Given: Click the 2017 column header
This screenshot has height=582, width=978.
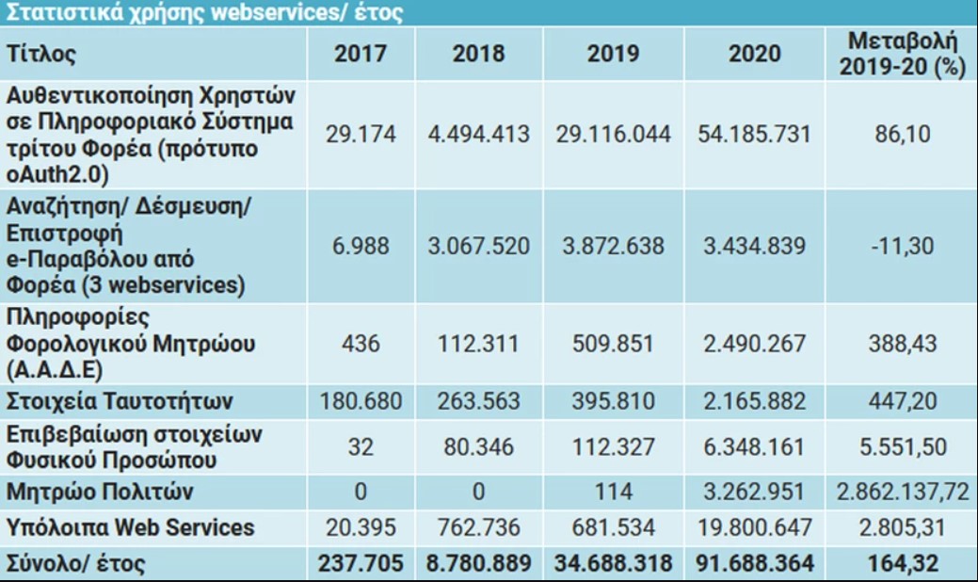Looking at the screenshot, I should (x=361, y=54).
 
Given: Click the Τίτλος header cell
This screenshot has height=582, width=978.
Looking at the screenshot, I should (x=41, y=54).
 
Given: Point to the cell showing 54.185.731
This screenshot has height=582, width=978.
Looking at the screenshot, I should (x=754, y=134).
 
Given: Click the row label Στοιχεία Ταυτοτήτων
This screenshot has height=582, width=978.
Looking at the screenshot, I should (x=119, y=401).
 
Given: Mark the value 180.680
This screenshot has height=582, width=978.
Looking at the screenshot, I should (x=361, y=401).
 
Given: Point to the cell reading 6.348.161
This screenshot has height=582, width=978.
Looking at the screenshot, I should (x=754, y=446).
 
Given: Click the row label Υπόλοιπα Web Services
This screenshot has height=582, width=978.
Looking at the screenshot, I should (x=130, y=526).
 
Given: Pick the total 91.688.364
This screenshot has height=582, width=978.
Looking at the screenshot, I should (x=754, y=563).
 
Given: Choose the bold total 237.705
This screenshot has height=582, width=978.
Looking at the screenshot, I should (x=361, y=563).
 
